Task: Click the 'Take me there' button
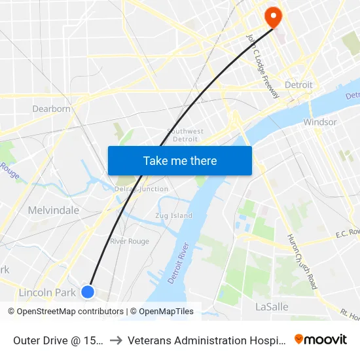pos(180,160)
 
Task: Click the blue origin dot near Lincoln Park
pos(88,292)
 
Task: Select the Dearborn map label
pos(52,109)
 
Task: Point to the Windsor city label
pos(320,122)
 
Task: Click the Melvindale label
pos(54,210)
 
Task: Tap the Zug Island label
pos(173,215)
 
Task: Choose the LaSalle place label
pos(271,306)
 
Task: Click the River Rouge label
pos(130,241)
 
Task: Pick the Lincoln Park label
pos(47,293)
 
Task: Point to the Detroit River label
pos(179,262)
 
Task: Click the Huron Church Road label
pos(302,262)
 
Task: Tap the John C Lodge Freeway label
pos(263,65)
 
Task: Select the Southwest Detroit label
pos(185,135)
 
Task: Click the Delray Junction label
pos(141,189)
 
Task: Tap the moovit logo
pos(321,339)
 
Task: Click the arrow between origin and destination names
pos(116,340)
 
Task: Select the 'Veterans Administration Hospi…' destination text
pos(207,340)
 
